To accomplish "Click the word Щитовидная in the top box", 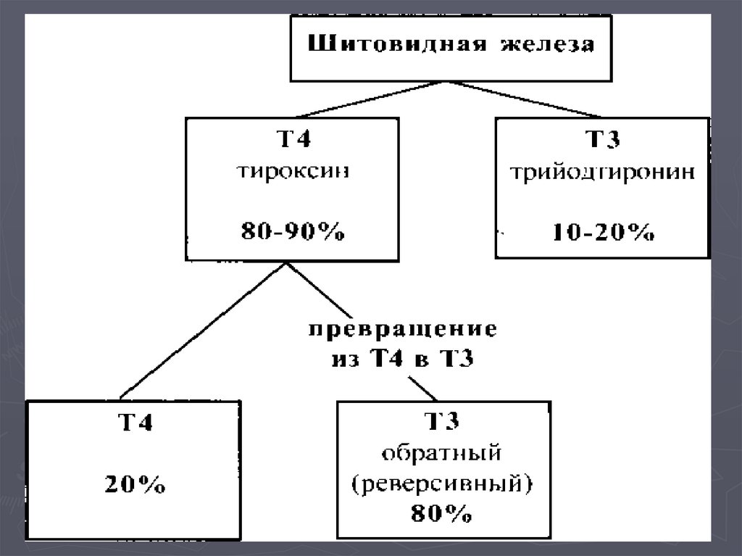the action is coord(386,44).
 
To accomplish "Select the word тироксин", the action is coord(293,174).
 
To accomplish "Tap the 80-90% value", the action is coord(293,233).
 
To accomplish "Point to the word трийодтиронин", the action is coord(602,174).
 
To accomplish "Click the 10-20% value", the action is coord(603,233).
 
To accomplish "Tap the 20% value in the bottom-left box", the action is coord(135,485).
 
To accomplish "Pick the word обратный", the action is coord(441,454).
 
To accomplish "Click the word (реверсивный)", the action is coord(441,484).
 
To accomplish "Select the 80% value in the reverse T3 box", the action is coord(441,514).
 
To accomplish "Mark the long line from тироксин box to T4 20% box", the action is coord(203,331).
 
